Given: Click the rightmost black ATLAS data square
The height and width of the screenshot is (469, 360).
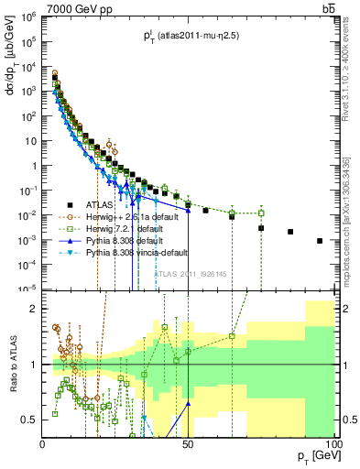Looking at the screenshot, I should [320, 241].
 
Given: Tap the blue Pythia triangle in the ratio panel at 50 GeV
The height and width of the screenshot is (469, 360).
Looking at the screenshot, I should [188, 403].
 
